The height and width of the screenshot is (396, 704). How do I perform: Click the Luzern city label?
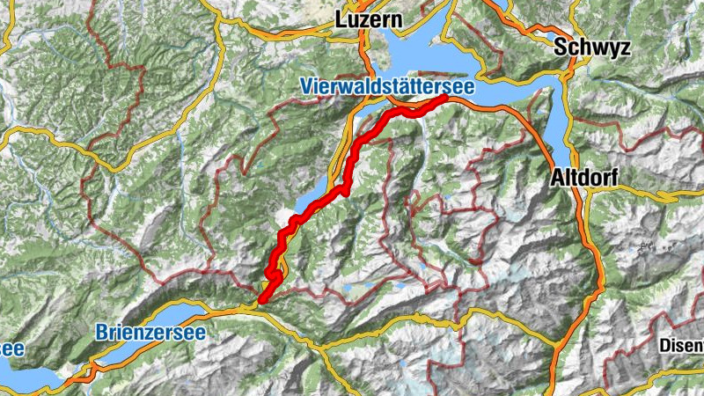pyautogui.click(x=368, y=18)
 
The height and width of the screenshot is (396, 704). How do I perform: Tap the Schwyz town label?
pyautogui.click(x=592, y=48)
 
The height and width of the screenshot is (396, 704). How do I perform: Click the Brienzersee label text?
pyautogui.click(x=150, y=332)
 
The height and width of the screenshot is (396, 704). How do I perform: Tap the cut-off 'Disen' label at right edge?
pyautogui.click(x=682, y=344)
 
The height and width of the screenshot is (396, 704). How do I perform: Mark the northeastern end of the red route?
pyautogui.click(x=445, y=99)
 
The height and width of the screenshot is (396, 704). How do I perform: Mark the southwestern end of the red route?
pyautogui.click(x=260, y=302)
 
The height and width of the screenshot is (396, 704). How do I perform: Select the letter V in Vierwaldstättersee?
pyautogui.click(x=305, y=87)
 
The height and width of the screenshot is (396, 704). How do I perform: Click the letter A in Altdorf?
pyautogui.click(x=556, y=179)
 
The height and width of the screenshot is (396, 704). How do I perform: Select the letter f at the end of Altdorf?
pyautogui.click(x=614, y=179)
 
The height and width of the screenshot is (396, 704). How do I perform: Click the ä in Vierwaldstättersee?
pyautogui.click(x=400, y=87)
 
